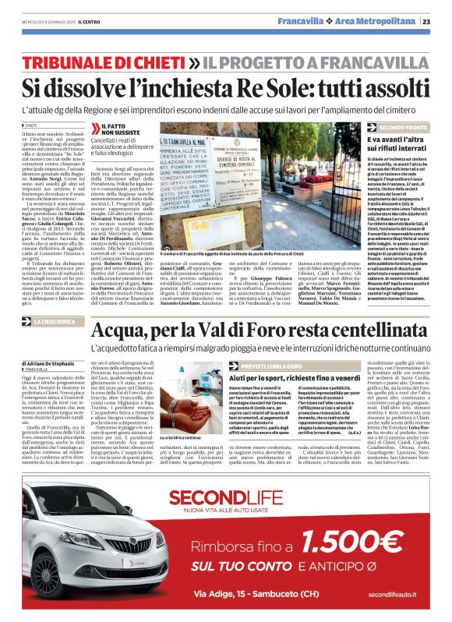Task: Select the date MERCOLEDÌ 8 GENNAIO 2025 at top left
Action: pyautogui.click(x=55, y=21)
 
